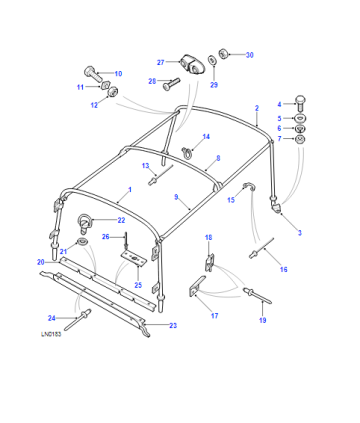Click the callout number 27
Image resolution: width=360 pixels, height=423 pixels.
(x=161, y=62)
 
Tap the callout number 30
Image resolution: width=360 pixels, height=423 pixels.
(x=249, y=55)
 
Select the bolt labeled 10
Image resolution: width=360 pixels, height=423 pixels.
(x=93, y=75)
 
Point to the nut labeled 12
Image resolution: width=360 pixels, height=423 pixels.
(x=114, y=91)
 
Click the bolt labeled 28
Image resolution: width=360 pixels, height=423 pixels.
(x=171, y=83)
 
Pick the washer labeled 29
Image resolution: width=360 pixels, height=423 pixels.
(x=212, y=59)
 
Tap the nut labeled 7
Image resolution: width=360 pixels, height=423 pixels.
(x=301, y=138)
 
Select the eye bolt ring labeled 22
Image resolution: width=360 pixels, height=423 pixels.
(x=83, y=223)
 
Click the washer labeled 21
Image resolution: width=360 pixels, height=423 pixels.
(x=82, y=241)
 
